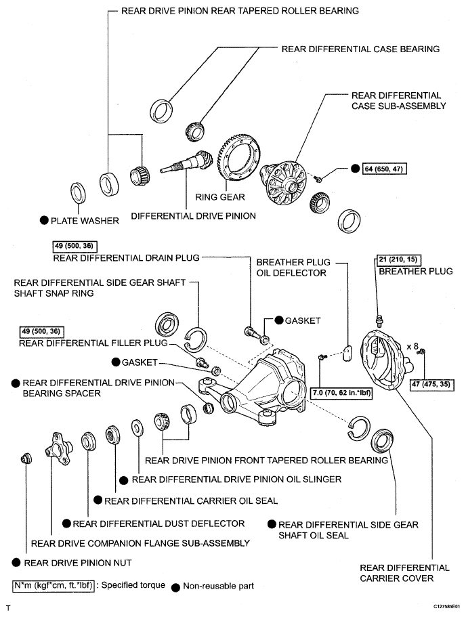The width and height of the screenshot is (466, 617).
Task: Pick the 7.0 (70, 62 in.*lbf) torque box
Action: [x=341, y=393]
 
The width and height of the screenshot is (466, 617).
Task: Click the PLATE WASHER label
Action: [x=85, y=221]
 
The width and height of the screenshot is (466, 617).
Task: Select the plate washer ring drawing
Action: [x=78, y=193]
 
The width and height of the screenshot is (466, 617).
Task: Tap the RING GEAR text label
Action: [x=220, y=196]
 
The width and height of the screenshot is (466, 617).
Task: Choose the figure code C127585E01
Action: [x=447, y=606]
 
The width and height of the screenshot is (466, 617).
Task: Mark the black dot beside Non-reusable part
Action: [x=176, y=587]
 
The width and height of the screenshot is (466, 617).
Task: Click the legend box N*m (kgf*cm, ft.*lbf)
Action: [x=54, y=586]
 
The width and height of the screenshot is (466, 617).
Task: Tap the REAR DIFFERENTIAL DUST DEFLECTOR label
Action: [x=158, y=524]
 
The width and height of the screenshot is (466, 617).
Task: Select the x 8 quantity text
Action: [x=412, y=346]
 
